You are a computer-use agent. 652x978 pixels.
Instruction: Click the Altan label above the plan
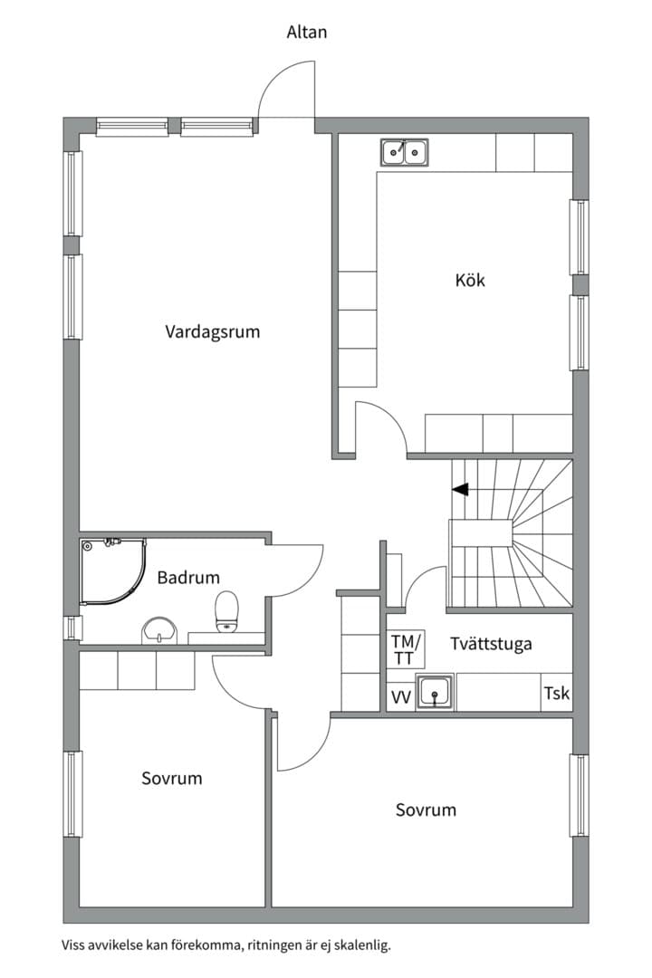pyautogui.click(x=306, y=32)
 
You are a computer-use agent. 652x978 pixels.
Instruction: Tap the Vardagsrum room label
pyautogui.click(x=212, y=331)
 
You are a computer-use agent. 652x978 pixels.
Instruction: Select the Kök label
pyautogui.click(x=470, y=280)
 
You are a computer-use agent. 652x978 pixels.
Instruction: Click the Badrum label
pyautogui.click(x=188, y=577)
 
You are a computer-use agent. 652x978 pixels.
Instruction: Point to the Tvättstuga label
pyautogui.click(x=491, y=643)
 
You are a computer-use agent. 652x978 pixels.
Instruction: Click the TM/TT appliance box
pyautogui.click(x=406, y=649)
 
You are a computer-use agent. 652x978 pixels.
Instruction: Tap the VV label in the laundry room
pyautogui.click(x=400, y=696)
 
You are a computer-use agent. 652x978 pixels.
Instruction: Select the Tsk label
pyautogui.click(x=557, y=693)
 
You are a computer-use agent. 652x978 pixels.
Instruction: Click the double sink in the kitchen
pyautogui.click(x=405, y=152)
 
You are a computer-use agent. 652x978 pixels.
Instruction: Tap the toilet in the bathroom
pyautogui.click(x=226, y=611)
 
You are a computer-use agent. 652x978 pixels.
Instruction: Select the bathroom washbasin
pyautogui.click(x=159, y=630)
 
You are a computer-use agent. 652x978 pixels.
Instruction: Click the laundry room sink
pyautogui.click(x=435, y=693)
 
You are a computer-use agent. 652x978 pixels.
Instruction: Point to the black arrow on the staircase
pyautogui.click(x=460, y=490)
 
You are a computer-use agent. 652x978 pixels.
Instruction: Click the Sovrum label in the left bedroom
pyautogui.click(x=171, y=778)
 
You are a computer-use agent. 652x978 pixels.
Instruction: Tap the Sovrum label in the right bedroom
pyautogui.click(x=427, y=810)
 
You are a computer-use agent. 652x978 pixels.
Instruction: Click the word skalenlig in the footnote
pyautogui.click(x=362, y=944)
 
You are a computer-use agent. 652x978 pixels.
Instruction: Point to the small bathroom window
pyautogui.click(x=74, y=628)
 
